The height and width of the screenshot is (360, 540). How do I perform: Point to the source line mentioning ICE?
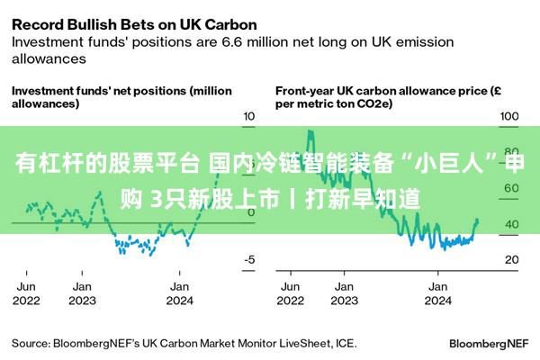184,343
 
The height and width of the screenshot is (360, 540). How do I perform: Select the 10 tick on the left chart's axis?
249,117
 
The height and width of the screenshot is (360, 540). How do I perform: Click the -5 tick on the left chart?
249,259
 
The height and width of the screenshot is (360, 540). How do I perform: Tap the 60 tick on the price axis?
510,188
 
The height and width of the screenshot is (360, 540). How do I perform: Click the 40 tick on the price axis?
510,224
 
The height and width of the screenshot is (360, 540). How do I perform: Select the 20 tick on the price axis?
510,259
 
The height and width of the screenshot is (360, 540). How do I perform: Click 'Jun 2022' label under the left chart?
26,293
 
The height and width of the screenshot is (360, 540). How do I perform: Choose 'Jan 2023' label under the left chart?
82,293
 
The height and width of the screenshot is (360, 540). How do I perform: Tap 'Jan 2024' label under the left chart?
179,293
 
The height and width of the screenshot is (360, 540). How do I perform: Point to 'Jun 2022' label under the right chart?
290,293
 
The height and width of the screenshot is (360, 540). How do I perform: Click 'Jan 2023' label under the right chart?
343,293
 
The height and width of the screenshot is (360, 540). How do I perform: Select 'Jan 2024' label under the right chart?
437,293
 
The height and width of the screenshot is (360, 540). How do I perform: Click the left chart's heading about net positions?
121,96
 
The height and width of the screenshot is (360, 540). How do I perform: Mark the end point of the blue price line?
477,220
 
